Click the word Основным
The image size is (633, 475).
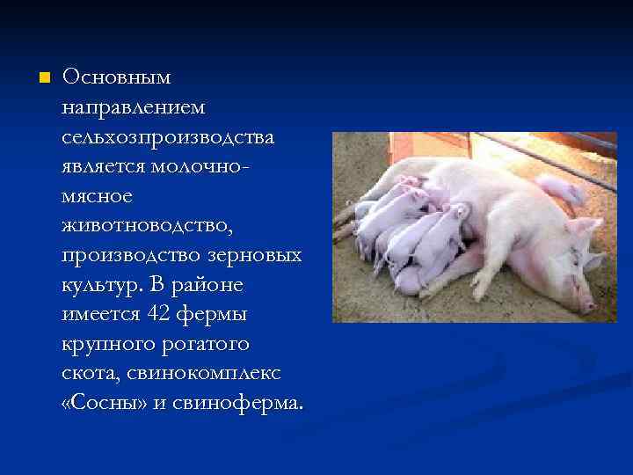(117, 77)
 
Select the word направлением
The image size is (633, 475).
(133, 107)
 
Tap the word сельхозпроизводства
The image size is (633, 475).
(167, 137)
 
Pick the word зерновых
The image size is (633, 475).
(260, 256)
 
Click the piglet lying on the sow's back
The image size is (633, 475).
(559, 187)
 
